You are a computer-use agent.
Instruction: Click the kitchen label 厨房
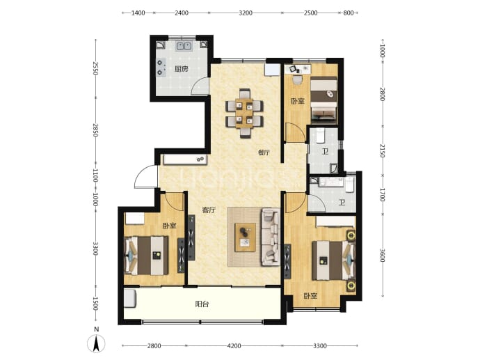(182, 69)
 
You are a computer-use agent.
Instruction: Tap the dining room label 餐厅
(264, 152)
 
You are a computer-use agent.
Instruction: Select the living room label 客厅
(209, 210)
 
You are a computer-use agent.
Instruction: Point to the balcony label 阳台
(202, 304)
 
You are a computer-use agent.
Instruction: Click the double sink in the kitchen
(184, 46)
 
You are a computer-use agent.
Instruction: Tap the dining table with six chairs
(244, 113)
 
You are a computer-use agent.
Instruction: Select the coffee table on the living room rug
(245, 237)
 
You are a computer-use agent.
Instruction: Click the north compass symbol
(96, 343)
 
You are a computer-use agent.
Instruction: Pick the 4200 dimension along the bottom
(234, 346)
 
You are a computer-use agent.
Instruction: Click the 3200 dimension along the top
(246, 13)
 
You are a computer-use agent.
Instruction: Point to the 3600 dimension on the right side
(382, 256)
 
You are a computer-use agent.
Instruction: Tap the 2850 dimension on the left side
(95, 130)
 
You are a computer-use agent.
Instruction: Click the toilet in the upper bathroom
(320, 136)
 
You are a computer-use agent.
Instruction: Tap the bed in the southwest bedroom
(146, 256)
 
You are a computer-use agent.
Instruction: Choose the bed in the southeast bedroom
(333, 260)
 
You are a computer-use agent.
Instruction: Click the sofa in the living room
(271, 237)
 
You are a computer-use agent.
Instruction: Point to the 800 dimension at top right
(349, 13)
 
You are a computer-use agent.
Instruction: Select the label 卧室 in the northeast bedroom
(298, 101)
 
